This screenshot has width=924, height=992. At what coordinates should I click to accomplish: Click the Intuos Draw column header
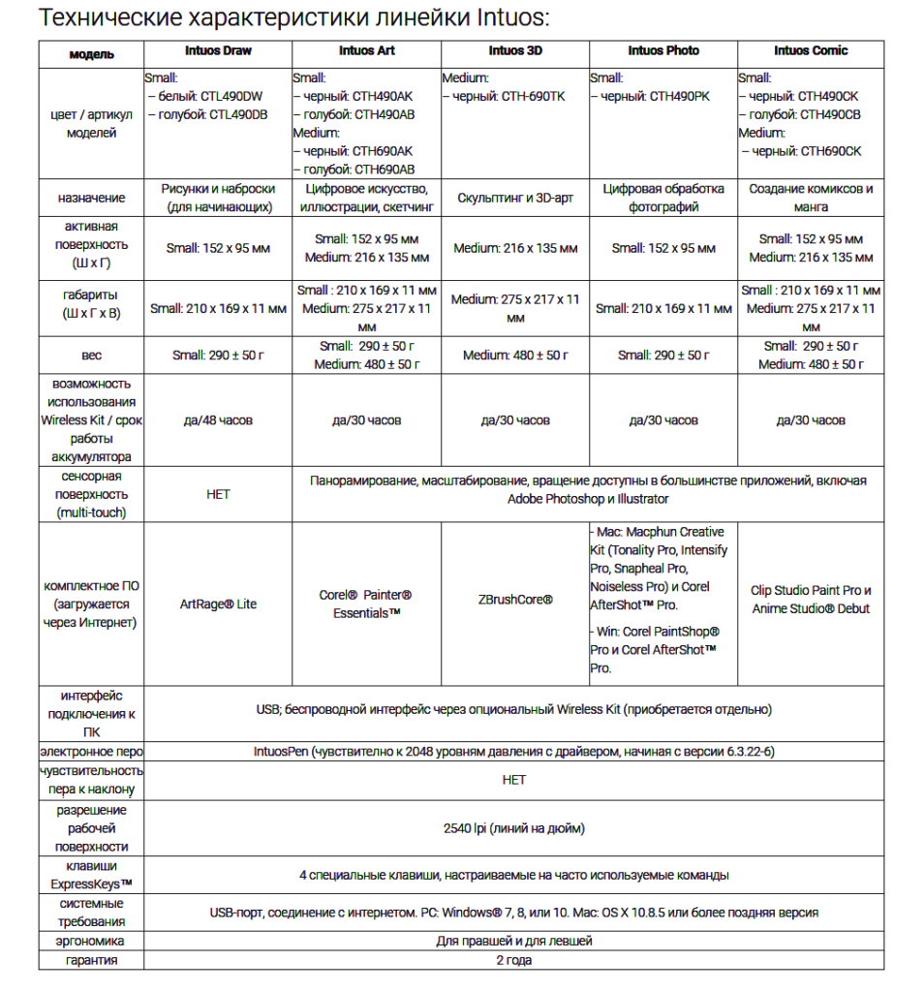click(x=218, y=50)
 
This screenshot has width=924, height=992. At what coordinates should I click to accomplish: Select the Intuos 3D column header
click(x=514, y=50)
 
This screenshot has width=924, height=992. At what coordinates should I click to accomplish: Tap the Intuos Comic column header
click(x=811, y=50)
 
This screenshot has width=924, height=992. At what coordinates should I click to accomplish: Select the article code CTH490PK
click(x=681, y=96)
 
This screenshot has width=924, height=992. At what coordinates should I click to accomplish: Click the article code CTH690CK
click(x=823, y=151)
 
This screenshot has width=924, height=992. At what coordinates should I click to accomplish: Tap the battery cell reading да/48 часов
click(x=218, y=420)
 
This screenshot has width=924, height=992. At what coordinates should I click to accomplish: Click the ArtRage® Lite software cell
click(x=218, y=604)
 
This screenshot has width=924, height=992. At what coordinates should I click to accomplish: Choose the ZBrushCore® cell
click(x=514, y=600)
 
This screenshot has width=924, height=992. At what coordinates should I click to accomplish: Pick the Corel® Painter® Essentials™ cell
click(x=366, y=604)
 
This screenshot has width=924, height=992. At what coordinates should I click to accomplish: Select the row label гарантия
click(x=92, y=960)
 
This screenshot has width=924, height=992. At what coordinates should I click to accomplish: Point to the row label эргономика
click(x=92, y=941)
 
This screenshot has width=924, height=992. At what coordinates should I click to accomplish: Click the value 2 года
click(x=513, y=960)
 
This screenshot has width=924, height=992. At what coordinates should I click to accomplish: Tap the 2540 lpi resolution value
click(x=513, y=828)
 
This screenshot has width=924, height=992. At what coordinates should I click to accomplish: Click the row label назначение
click(x=92, y=198)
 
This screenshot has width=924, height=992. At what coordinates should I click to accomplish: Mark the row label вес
click(x=92, y=356)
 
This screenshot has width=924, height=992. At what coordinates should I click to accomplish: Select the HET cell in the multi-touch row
click(x=218, y=494)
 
